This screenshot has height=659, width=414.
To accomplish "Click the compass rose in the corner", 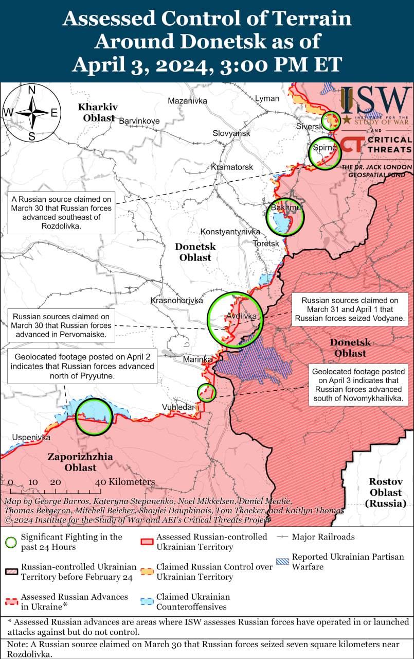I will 32,112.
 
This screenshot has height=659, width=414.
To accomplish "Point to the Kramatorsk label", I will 232,167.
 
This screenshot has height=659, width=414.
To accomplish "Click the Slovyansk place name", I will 231,133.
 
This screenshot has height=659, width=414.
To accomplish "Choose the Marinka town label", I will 198,359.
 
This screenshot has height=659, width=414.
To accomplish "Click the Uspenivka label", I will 31,437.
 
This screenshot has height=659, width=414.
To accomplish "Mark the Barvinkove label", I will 139,121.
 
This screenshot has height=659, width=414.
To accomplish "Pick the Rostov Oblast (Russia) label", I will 385,492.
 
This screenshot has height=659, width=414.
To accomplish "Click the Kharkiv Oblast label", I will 97,112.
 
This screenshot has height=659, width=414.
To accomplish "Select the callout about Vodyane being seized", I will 350,309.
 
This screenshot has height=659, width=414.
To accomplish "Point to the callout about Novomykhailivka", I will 358,385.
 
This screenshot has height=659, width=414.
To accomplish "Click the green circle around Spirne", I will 325,153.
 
